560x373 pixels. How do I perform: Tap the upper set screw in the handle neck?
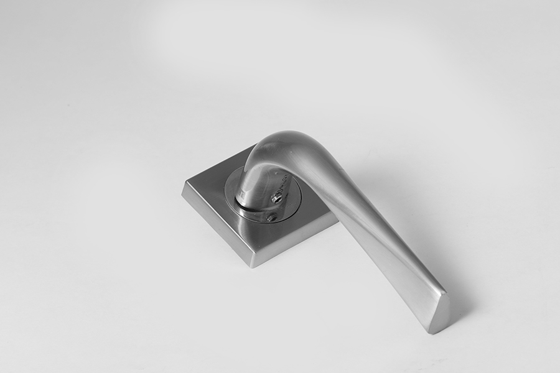(277, 198)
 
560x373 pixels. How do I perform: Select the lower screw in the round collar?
(271, 218)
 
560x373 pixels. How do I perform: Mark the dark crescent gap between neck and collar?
(249, 209)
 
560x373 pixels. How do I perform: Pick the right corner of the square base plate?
(337, 217)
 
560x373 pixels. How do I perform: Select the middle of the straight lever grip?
(373, 224)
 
